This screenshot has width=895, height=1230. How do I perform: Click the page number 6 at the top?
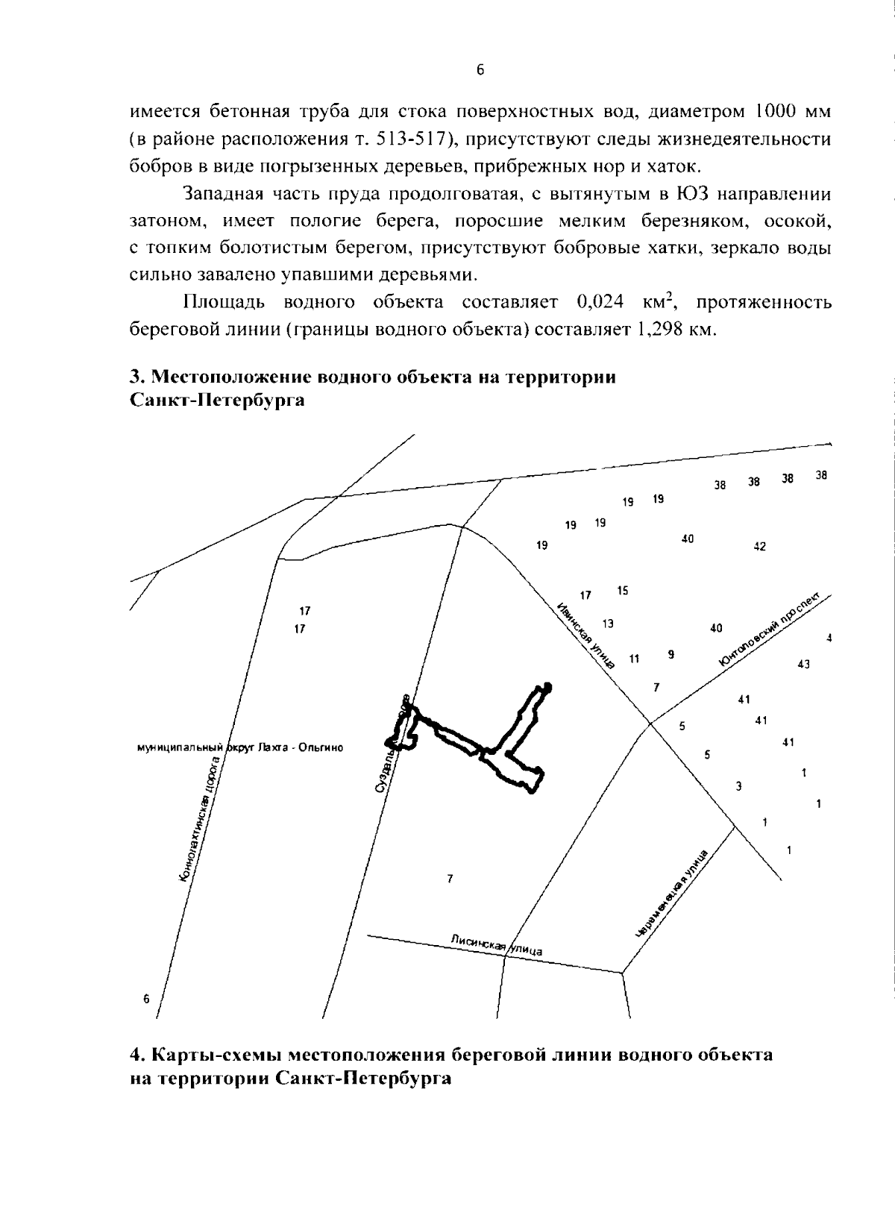[480, 70]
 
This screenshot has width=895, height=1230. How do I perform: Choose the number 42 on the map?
[759, 547]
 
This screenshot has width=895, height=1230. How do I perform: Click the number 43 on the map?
[804, 664]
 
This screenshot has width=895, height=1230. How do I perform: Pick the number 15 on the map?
[623, 591]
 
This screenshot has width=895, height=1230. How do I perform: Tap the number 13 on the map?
[608, 623]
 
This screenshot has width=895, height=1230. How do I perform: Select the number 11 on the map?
[635, 659]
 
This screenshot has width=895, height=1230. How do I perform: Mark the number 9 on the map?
[671, 654]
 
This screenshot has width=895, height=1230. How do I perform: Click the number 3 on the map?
[738, 785]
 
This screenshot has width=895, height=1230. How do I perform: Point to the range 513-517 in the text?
[418, 139]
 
